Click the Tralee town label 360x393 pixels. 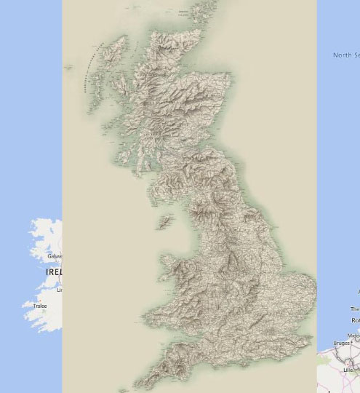point(40,306)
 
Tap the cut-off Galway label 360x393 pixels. point(55,256)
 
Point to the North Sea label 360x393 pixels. point(346,55)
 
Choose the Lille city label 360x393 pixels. point(348,370)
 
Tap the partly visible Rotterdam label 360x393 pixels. point(355,320)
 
